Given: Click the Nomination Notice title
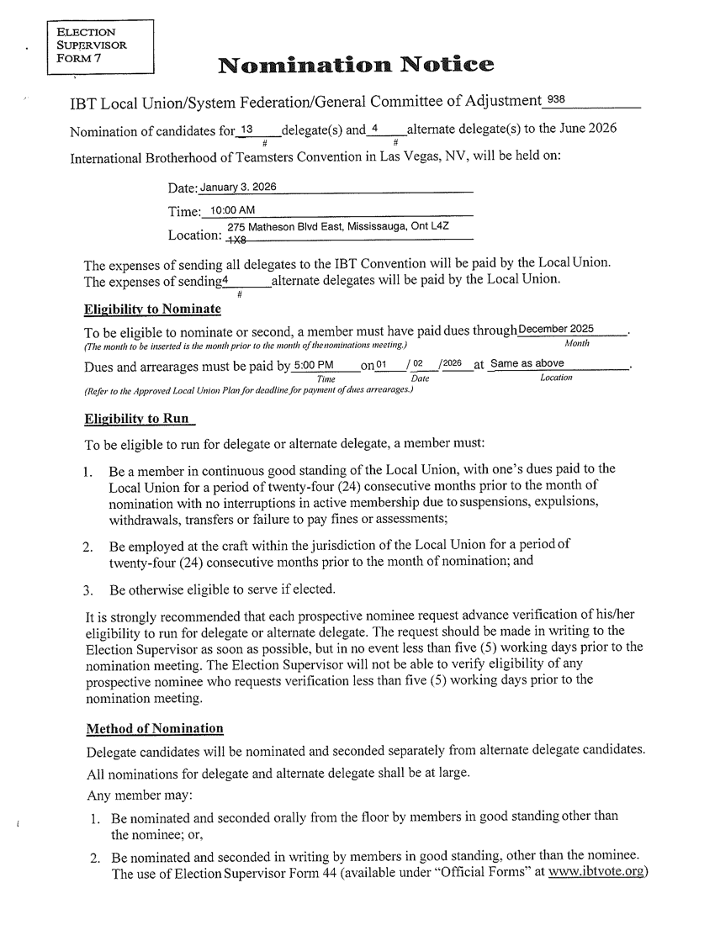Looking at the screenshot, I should click(355, 65).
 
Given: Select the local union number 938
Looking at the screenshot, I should click(558, 101).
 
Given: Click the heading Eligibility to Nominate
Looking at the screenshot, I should click(152, 309).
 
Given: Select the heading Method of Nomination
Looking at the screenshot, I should click(155, 727).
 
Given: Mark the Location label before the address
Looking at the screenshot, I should click(195, 233).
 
